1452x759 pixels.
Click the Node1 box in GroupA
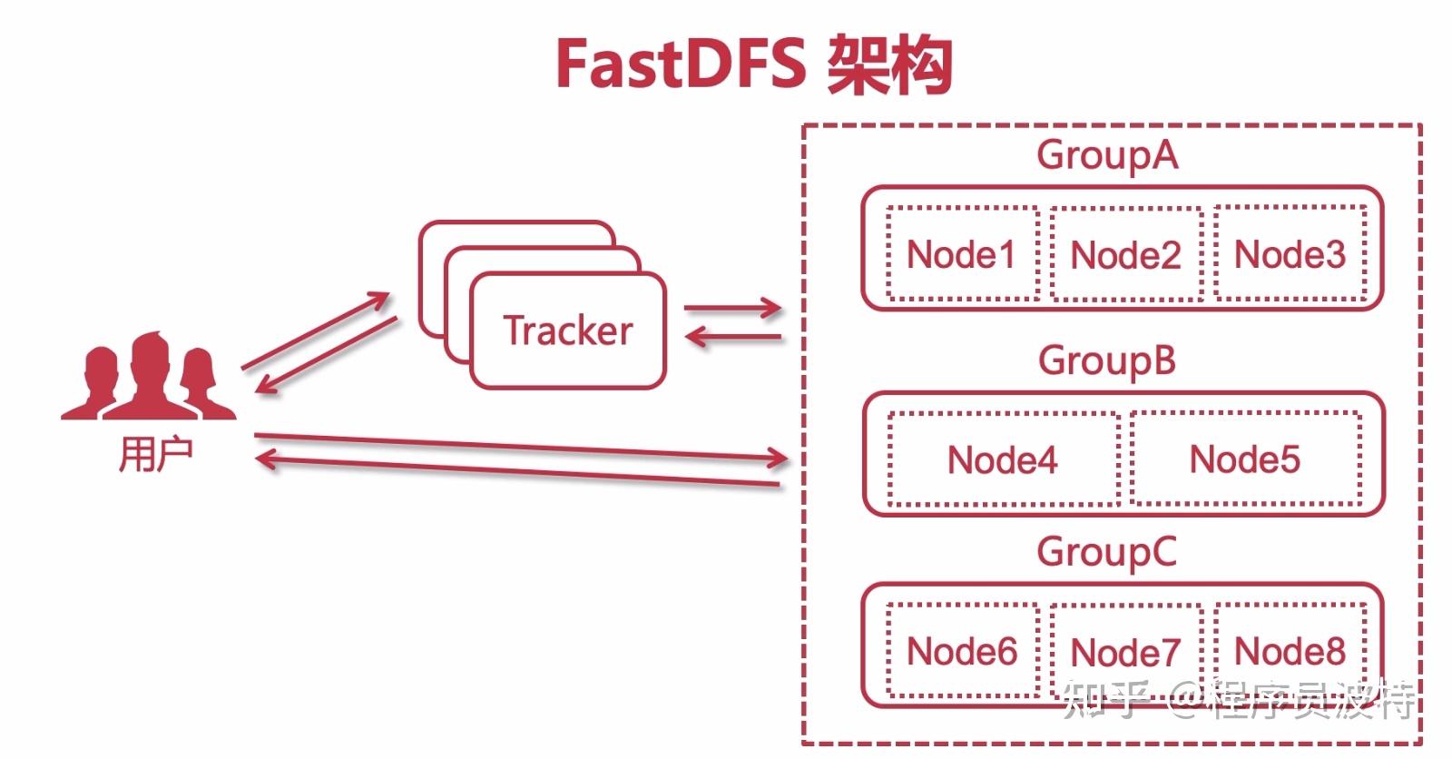click(x=962, y=253)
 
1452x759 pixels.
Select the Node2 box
click(x=1125, y=255)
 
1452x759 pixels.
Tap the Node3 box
click(x=1290, y=253)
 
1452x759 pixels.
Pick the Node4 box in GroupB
click(x=1003, y=459)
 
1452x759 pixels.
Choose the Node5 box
click(x=1245, y=458)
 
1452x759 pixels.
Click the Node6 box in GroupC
click(x=962, y=651)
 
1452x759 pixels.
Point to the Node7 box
click(x=1125, y=652)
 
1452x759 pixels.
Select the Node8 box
click(x=1290, y=650)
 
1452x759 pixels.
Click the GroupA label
click(x=1107, y=155)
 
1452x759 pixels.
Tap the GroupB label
click(x=1107, y=360)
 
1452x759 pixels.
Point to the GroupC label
click(x=1107, y=552)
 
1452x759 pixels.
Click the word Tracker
click(x=568, y=330)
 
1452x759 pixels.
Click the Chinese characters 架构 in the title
click(x=888, y=65)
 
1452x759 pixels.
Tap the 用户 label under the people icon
click(x=155, y=453)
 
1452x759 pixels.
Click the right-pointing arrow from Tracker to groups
click(x=731, y=308)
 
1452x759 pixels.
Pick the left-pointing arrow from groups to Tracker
click(x=731, y=338)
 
